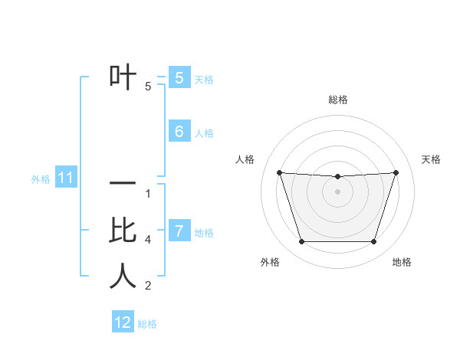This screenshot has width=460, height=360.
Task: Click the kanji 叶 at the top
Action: pos(123,77)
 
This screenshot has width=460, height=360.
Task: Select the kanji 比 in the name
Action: pos(123,230)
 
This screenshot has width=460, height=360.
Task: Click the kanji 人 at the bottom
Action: pos(123,276)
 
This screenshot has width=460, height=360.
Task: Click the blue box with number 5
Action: pos(179,78)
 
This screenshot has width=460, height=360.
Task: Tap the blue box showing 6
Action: pos(179,132)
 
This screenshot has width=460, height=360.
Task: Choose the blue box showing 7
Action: pos(179,231)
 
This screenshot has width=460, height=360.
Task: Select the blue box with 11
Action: pos(65,178)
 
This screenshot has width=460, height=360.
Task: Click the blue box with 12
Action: pos(123,322)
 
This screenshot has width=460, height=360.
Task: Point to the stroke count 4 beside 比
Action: pos(148,240)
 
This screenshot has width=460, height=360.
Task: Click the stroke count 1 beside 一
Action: pos(148,194)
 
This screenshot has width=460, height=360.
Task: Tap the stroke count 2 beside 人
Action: pos(148,286)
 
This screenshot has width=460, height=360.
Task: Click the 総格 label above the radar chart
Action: pos(338,100)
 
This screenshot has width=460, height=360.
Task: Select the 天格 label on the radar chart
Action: pos(431,159)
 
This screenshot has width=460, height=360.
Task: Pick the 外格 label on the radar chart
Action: pos(270,262)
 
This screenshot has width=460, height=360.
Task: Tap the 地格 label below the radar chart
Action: pos(402,262)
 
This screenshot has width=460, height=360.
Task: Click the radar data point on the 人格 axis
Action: pos(279,172)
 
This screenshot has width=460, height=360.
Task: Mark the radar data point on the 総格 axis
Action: pos(337,177)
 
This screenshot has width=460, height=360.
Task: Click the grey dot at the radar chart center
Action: pos(337,191)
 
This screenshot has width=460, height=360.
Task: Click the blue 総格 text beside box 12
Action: pos(147,324)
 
